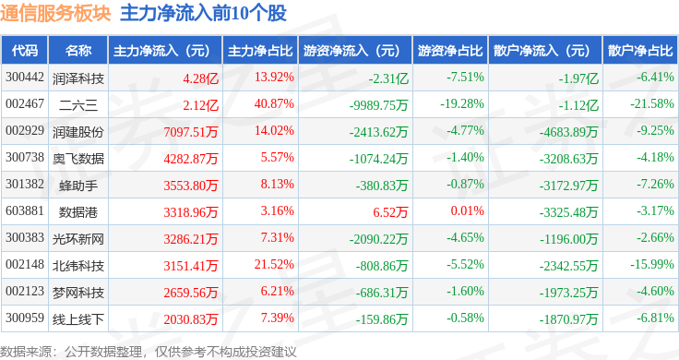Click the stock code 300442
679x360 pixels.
[25, 78]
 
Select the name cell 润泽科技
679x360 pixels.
[78, 78]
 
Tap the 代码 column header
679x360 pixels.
[25, 50]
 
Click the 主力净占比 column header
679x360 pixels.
[260, 50]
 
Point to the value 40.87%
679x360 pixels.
[274, 104]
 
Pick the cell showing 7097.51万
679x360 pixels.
[191, 132]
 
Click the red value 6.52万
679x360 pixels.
[390, 211]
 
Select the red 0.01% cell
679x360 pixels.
[467, 211]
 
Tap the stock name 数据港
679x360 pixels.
[78, 212]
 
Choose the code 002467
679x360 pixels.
[25, 104]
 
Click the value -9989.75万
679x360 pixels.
[379, 105]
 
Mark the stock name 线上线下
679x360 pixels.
[78, 319]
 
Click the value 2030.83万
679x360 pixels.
[191, 319]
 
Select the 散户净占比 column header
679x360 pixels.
[640, 50]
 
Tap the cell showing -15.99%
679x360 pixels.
[651, 264]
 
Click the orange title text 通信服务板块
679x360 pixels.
[55, 13]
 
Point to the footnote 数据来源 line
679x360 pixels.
[149, 352]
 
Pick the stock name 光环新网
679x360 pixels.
[78, 239]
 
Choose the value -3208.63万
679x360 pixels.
[568, 159]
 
